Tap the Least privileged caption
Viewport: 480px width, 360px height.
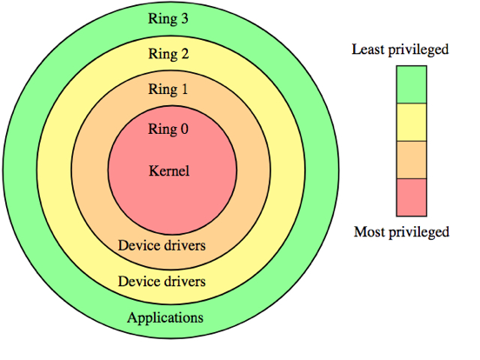pyautogui.click(x=400, y=50)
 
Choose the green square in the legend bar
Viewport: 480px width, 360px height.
pyautogui.click(x=411, y=84)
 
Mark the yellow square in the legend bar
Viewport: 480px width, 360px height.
pyautogui.click(x=411, y=122)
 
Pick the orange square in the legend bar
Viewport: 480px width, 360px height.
pyautogui.click(x=411, y=159)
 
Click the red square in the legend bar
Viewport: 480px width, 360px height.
pyautogui.click(x=411, y=197)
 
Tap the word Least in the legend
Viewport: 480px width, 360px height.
pyautogui.click(x=368, y=50)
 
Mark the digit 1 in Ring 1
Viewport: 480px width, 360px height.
pyautogui.click(x=184, y=90)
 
